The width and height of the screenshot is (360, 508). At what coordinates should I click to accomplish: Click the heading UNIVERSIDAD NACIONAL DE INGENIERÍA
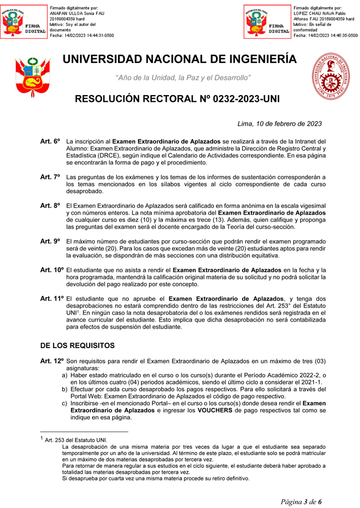tap(179, 59)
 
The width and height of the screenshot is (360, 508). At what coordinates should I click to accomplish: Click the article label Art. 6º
tap(50, 142)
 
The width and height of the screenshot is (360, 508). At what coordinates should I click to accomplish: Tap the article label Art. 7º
tap(50, 177)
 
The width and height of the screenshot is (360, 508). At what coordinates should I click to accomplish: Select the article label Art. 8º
tap(50, 205)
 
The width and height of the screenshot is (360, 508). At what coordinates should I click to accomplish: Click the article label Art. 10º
tap(52, 270)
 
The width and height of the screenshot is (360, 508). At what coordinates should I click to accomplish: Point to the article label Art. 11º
tap(52, 299)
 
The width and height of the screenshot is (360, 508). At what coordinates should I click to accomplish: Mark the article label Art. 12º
tap(52, 361)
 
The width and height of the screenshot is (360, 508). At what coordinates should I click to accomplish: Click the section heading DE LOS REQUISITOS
tap(78, 345)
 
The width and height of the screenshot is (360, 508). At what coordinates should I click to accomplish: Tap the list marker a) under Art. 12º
tap(65, 375)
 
